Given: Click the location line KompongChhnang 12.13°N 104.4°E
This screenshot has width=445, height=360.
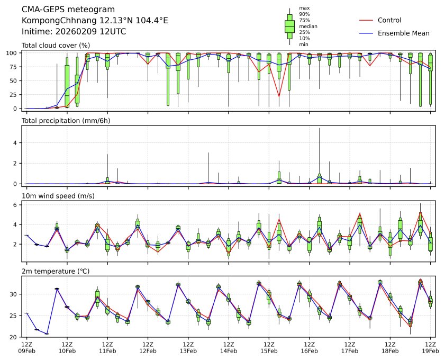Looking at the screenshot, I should point(95,21).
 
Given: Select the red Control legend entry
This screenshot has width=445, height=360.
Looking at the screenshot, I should point(389,20).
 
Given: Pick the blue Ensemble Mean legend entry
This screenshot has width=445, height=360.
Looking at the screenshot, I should point(403,33).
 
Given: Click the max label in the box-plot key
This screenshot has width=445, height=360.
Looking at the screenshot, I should point(304,8).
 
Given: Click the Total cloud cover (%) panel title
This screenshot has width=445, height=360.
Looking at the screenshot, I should point(56,46).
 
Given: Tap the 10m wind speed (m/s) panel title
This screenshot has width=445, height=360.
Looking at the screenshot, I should point(59,196).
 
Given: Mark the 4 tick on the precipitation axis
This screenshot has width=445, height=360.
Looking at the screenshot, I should point(16,142).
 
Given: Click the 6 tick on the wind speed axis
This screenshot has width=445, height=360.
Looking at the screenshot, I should point(16,204).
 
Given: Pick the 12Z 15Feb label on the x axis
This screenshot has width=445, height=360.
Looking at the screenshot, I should point(269,347).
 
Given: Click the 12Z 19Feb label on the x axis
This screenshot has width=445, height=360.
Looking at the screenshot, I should point(430,347).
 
